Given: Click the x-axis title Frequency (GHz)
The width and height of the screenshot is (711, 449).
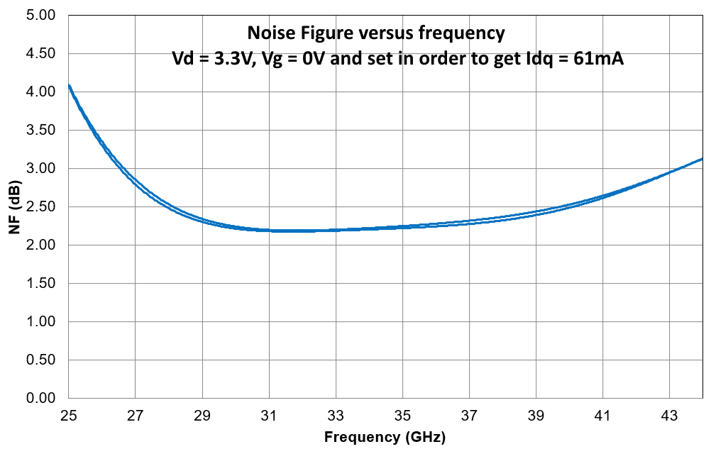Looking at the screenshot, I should (385, 437).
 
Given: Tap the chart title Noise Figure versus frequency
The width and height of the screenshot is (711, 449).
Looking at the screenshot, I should (375, 33).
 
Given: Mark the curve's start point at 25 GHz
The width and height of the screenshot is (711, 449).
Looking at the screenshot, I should (70, 86).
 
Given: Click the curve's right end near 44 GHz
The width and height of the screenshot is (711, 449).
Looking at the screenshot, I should (702, 159).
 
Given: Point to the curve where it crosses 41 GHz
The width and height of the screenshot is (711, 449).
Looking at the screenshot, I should (602, 196).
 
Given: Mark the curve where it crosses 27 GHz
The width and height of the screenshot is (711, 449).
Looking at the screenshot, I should (136, 181).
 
